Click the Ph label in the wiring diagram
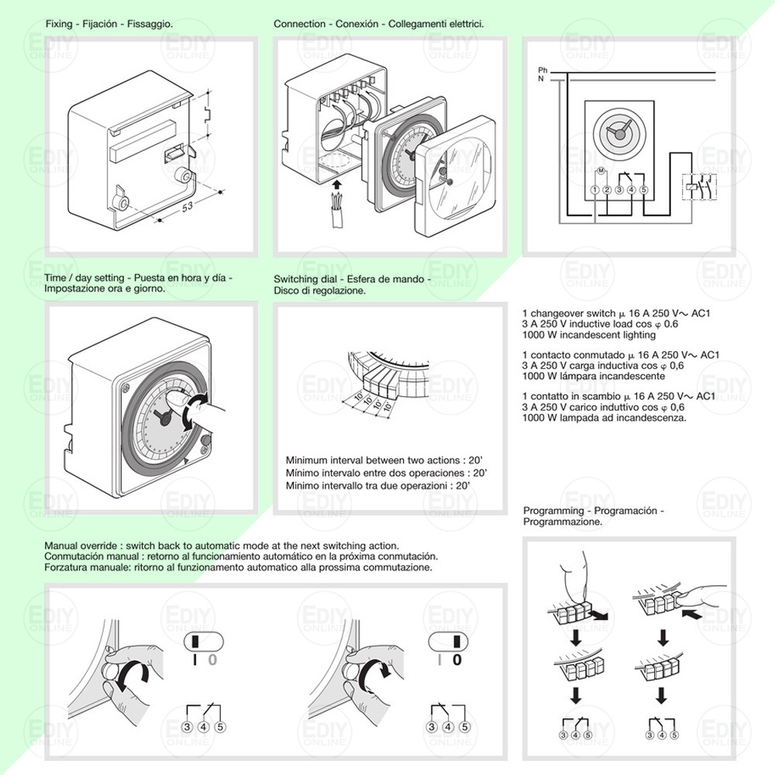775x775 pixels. point(542,71)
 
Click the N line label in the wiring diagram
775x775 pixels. point(541,79)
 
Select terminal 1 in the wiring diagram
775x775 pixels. point(594,189)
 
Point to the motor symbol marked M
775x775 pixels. point(601,170)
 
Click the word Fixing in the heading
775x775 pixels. point(59,24)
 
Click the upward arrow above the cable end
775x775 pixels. point(335,184)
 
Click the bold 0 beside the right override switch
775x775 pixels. point(456,660)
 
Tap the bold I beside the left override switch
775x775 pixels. point(195,660)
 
